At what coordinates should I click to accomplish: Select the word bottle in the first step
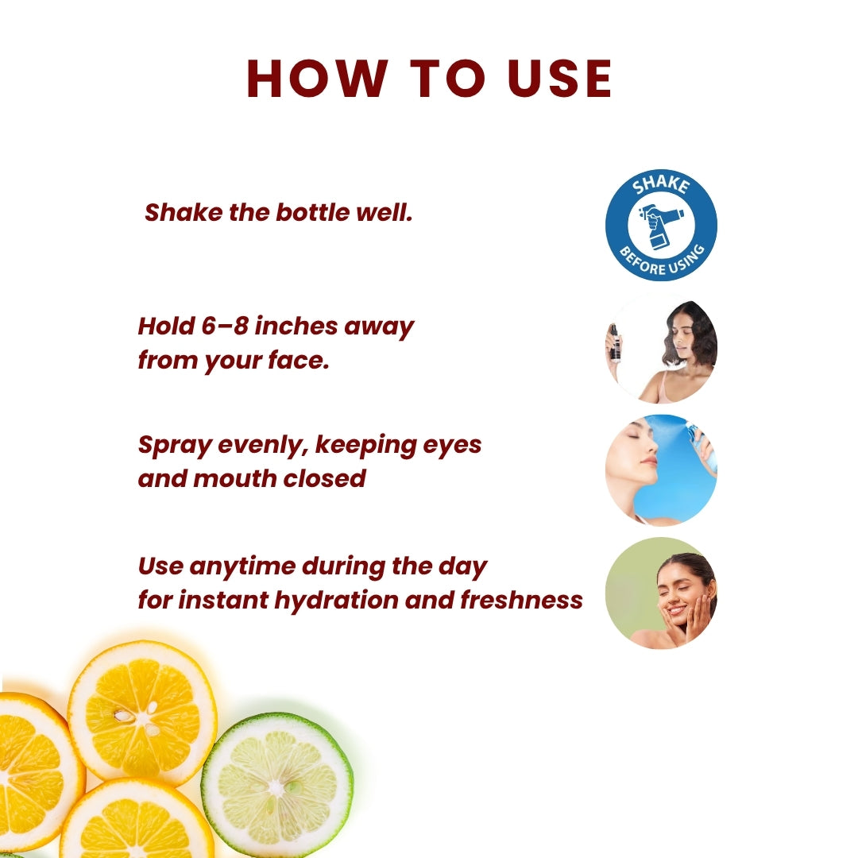[x=313, y=213]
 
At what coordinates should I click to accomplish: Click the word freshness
[x=522, y=600]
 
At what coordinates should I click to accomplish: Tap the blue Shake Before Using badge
[x=661, y=225]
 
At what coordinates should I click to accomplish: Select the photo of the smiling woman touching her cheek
[x=661, y=593]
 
